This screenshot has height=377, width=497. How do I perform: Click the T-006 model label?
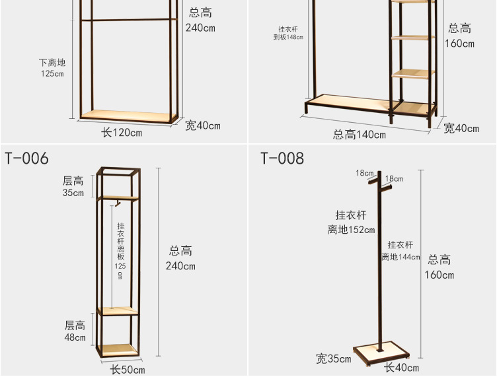coord(27,158)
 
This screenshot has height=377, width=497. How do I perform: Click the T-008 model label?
coord(282,158)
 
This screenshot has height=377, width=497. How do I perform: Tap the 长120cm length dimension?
coord(122,133)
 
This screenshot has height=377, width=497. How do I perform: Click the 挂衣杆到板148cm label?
coord(288,34)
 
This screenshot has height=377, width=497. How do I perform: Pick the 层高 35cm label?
coord(73,187)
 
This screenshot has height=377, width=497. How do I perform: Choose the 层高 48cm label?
coord(75,331)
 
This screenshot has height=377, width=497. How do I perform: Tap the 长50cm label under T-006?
coord(128,370)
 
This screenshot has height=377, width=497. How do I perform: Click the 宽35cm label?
coord(333,359)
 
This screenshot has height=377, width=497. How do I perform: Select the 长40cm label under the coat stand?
coord(402,367)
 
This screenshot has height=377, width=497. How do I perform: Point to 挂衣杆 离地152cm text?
coord(351,223)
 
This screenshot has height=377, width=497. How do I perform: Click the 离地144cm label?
coord(401,251)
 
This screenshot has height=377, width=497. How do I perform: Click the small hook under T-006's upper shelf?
coord(116,202)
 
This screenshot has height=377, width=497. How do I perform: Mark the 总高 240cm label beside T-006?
coord(180,258)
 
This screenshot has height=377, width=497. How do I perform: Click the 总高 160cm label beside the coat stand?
coord(440,267)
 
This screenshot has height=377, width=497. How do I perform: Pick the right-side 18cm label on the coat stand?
coord(394,179)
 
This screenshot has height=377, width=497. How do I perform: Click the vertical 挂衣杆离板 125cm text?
coord(120,252)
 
